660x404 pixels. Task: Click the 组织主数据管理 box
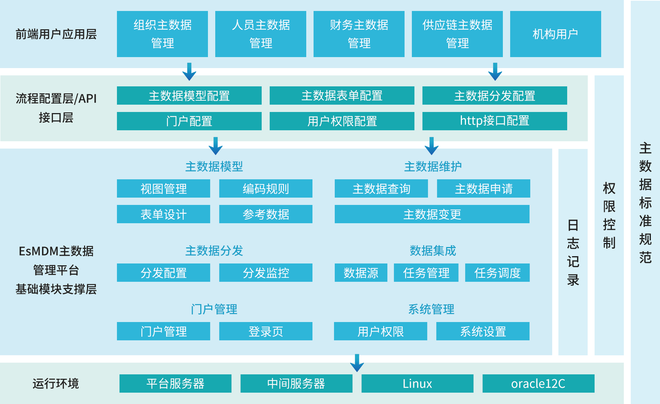coord(162,34)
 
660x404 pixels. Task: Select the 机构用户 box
coord(555,34)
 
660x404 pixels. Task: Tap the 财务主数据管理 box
coord(359,34)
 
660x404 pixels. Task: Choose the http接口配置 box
coord(494,121)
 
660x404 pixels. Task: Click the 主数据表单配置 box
coord(342,96)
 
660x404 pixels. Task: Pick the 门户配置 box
coord(189,121)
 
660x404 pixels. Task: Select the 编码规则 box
coord(266,188)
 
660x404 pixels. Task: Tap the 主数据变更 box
coord(432,214)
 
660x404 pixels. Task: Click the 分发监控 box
coord(266,273)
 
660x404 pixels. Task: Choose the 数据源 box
coord(361,273)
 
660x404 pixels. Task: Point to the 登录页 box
coord(266,331)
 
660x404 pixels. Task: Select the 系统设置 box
coord(483,331)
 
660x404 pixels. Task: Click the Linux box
coord(417,384)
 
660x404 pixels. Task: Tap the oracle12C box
coord(538,384)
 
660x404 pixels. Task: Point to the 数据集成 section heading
coord(433,251)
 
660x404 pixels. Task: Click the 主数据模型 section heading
coord(214,167)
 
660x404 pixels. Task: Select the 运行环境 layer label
coord(56,384)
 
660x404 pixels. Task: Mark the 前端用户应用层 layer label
coord(56,34)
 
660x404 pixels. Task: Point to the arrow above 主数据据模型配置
coord(189,72)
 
